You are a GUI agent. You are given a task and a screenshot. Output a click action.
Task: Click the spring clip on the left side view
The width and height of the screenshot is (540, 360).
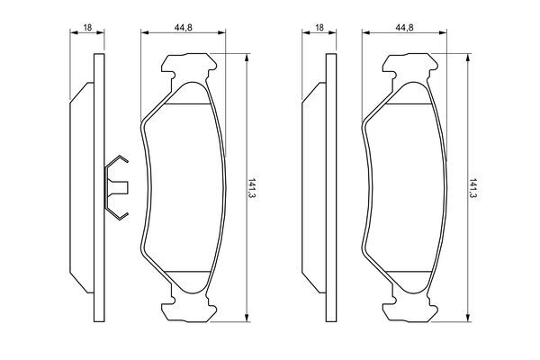point(117,188)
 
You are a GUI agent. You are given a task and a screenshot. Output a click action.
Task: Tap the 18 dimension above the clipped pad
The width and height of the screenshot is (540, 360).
point(86,29)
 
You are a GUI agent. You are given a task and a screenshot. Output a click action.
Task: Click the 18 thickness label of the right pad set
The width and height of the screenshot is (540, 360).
point(319,29)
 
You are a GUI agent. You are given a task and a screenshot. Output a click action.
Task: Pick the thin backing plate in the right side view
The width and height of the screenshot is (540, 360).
point(328,187)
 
